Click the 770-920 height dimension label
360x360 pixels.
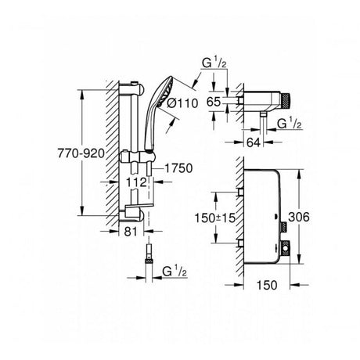(x=81, y=153)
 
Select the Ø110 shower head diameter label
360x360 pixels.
(x=182, y=103)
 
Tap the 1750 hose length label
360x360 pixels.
(x=178, y=168)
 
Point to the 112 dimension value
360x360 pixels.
(x=136, y=182)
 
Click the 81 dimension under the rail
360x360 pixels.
(x=131, y=231)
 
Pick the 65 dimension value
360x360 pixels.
(x=214, y=102)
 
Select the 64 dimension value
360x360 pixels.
(x=254, y=142)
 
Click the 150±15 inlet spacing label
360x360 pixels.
(x=215, y=218)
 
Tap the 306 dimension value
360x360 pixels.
(x=299, y=217)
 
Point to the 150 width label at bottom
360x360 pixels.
(x=267, y=285)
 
